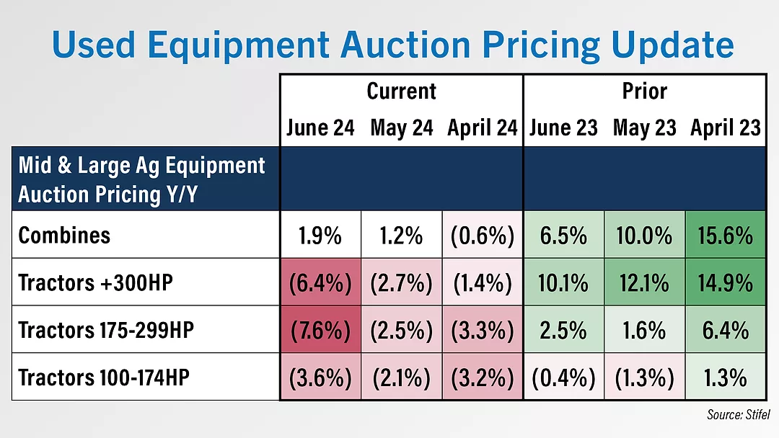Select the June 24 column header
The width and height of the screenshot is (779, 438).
320,128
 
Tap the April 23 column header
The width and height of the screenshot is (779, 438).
726,128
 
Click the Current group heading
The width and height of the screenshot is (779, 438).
401,91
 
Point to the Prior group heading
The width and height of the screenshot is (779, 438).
644,91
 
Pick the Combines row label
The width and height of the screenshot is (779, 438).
64,235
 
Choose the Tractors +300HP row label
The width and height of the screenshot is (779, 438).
96,282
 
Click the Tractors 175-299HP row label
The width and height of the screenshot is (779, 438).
106,330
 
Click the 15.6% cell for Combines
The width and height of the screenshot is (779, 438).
726,235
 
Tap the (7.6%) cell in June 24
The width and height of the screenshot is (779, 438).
320,330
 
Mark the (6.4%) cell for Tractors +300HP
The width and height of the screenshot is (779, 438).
320,282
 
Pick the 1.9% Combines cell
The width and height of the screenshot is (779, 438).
320,235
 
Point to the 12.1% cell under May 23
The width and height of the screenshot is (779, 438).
644,282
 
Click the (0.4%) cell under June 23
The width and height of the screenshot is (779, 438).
563,377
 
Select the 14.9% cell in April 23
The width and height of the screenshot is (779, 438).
726,282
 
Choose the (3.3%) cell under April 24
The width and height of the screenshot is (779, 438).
482,330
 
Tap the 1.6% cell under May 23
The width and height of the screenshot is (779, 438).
644,330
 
